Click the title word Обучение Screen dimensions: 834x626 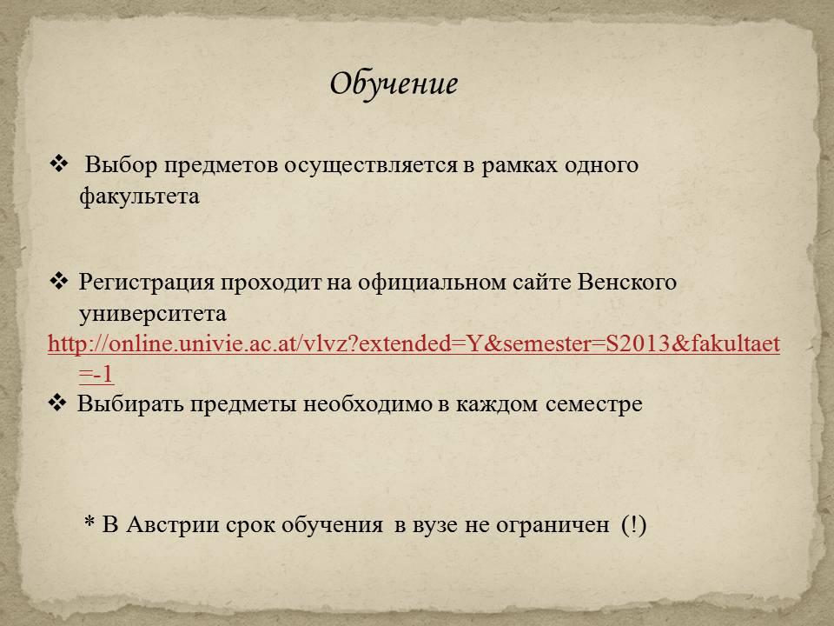click(x=394, y=84)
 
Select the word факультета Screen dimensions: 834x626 click(x=139, y=196)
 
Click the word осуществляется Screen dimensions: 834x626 click(x=370, y=165)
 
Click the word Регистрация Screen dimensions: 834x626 click(x=146, y=282)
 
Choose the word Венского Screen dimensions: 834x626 click(x=626, y=282)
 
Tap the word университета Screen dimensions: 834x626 click(x=153, y=314)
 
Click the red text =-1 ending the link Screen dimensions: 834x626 click(x=96, y=374)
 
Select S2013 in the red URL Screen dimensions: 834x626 click(x=638, y=344)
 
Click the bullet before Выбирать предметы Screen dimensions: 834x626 click(x=57, y=403)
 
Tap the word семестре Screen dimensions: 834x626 click(x=594, y=404)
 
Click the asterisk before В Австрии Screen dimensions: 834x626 click(x=89, y=521)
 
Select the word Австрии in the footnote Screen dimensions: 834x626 click(x=173, y=525)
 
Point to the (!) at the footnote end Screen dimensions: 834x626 click(x=633, y=525)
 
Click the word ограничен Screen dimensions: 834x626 click(x=553, y=525)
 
